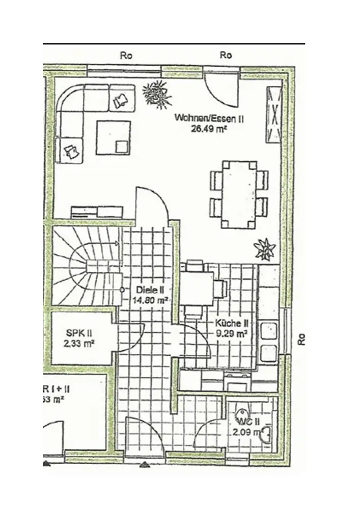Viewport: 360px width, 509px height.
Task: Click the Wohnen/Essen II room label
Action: tap(210, 119)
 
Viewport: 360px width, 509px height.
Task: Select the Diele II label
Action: tap(150, 290)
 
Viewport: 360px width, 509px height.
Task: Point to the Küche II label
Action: tap(231, 323)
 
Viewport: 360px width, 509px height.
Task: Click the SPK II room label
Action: tap(78, 333)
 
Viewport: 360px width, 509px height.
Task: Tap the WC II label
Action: tap(248, 422)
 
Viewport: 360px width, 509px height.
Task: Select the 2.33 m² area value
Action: tap(78, 344)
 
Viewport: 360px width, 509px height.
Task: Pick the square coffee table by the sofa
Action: tap(115, 136)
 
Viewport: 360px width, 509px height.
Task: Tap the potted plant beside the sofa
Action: tap(155, 93)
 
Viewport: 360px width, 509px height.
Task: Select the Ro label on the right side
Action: tap(301, 339)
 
